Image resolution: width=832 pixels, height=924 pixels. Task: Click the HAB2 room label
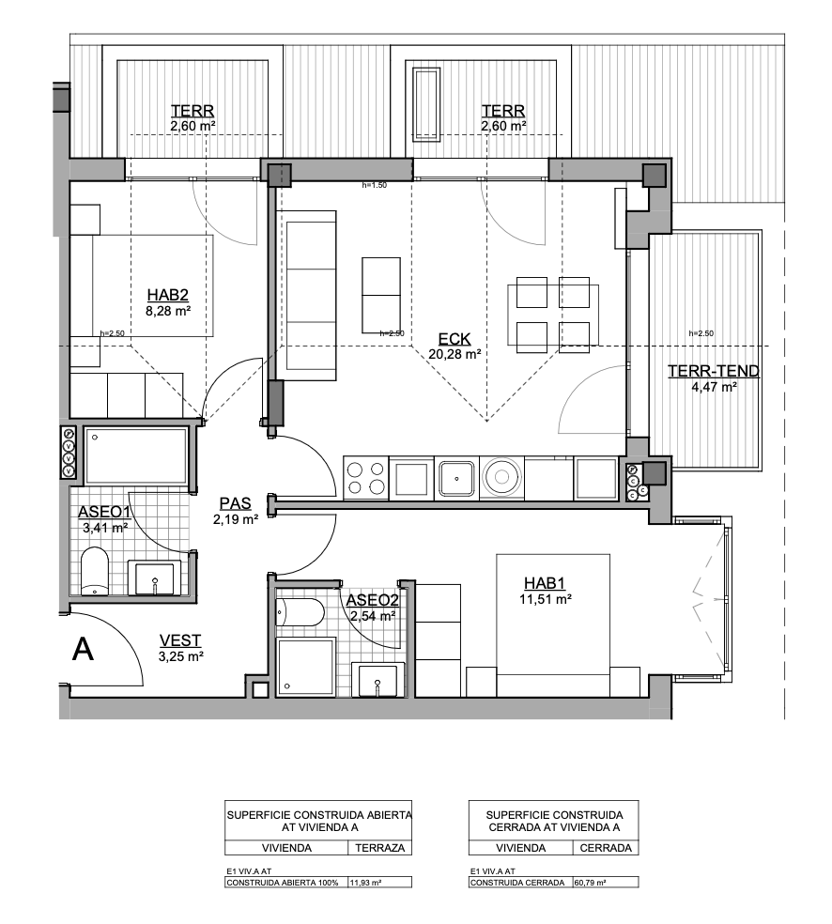167,295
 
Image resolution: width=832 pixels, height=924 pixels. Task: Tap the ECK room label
455,339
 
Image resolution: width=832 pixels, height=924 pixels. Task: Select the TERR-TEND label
713,371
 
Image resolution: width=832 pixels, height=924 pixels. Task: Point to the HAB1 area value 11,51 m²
546,599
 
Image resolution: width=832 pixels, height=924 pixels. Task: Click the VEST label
179,640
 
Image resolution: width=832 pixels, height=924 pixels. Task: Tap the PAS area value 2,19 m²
236,519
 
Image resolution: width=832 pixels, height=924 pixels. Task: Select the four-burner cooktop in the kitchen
365,478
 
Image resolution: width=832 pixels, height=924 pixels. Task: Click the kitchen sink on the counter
456,478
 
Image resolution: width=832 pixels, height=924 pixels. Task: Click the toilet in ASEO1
94,571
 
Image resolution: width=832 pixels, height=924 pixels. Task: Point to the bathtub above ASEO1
136,455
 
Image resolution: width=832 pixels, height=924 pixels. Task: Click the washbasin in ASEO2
377,679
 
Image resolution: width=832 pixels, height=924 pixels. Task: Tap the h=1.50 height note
374,185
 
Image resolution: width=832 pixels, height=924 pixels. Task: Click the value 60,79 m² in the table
590,883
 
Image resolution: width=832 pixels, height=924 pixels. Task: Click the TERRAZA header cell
380,848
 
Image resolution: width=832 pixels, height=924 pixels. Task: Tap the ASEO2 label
373,600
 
